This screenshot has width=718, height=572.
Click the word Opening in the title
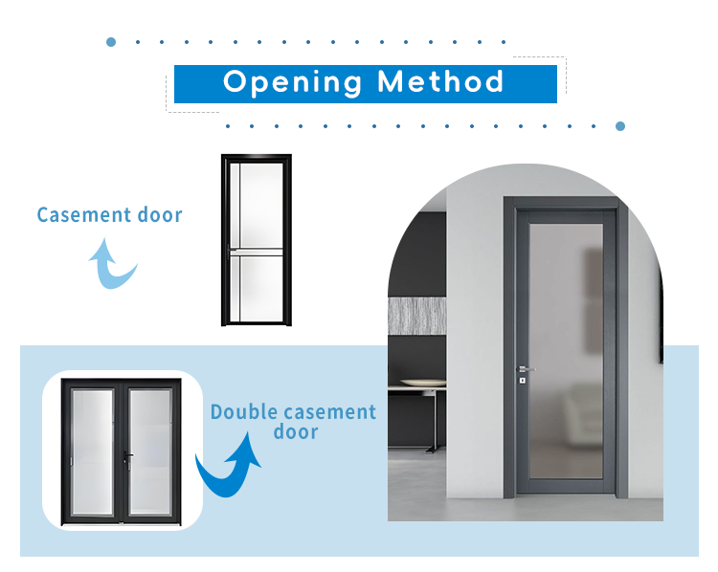tap(292, 83)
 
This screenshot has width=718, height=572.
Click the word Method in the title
tap(440, 81)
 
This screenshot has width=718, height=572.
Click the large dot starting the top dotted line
tap(111, 42)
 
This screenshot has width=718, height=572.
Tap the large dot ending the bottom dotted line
tap(620, 126)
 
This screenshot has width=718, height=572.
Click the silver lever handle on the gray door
tap(525, 369)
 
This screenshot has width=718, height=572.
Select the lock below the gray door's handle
tap(522, 381)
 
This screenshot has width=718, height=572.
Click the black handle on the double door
tap(127, 456)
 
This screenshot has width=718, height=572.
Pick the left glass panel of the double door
tap(93, 452)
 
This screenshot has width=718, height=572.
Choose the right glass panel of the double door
tap(150, 452)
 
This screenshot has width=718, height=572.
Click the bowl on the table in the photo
tap(422, 383)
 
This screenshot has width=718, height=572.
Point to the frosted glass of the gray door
tap(566, 351)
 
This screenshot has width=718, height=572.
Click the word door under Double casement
tap(296, 432)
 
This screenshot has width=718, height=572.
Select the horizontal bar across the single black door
tap(257, 253)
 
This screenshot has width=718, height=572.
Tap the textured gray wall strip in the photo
tap(416, 316)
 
